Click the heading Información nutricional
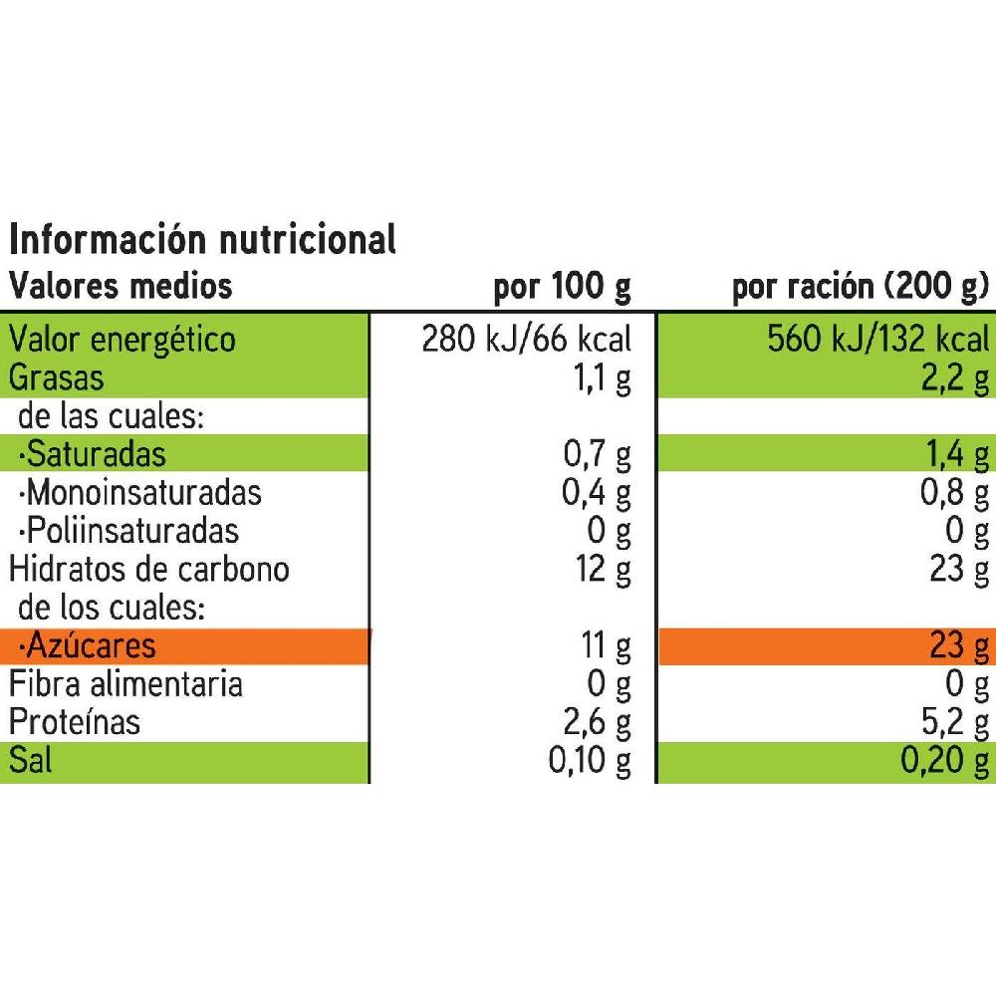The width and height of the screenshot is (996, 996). pyautogui.click(x=202, y=240)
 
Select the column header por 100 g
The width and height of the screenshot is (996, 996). pyautogui.click(x=563, y=288)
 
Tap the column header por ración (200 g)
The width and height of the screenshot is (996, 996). pyautogui.click(x=860, y=288)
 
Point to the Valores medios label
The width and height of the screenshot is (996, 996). pyautogui.click(x=121, y=287)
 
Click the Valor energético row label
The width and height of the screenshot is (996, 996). pyautogui.click(x=123, y=340)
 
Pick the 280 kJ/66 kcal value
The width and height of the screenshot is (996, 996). pyautogui.click(x=527, y=340)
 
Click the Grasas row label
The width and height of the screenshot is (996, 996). pyautogui.click(x=57, y=377)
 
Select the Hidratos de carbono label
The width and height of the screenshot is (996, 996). pyautogui.click(x=149, y=569)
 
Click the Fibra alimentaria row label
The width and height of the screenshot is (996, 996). pyautogui.click(x=125, y=684)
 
